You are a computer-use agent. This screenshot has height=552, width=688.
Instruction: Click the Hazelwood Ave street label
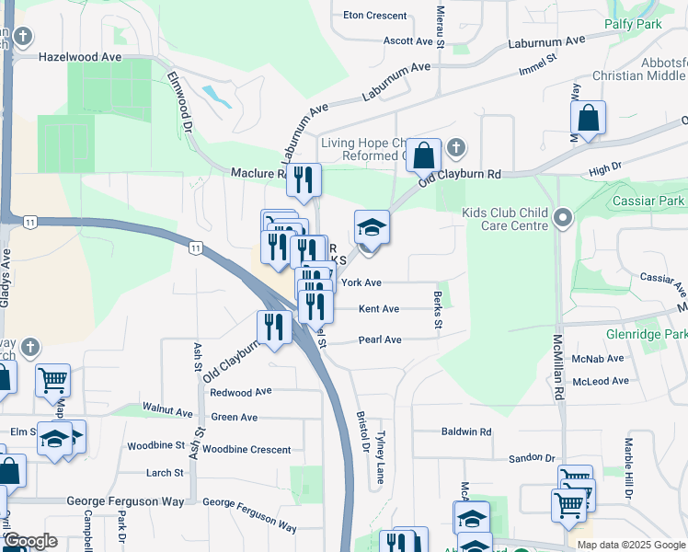[x=80, y=56]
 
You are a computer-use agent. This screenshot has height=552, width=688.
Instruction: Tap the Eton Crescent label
[x=374, y=16]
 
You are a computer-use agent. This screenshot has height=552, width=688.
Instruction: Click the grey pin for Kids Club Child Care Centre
[x=564, y=219]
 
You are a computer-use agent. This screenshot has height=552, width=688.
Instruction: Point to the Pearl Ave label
[x=380, y=339]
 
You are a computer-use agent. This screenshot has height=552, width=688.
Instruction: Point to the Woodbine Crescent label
[x=247, y=450]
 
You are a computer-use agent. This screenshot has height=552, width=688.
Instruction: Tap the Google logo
[x=30, y=541]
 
